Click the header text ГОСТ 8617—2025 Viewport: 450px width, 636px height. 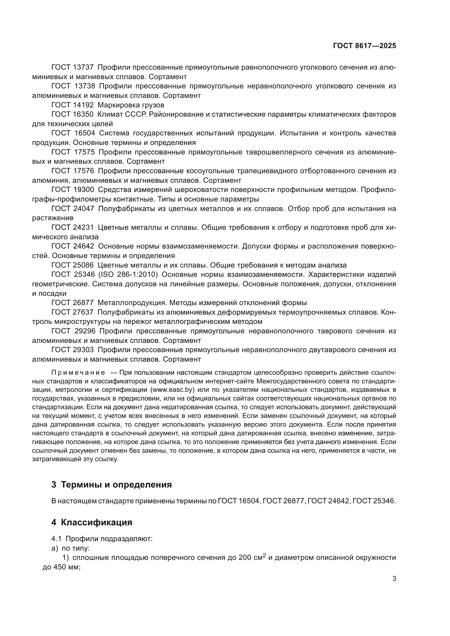364,46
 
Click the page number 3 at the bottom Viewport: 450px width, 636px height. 394,579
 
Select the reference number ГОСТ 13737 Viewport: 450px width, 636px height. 73,67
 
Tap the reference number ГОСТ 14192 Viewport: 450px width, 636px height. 73,105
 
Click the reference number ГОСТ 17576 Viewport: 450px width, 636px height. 73,171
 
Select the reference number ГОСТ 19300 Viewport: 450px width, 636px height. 73,190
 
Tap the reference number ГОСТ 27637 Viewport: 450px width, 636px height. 73,312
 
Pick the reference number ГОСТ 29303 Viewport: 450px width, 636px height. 73,350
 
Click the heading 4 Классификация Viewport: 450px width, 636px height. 92,522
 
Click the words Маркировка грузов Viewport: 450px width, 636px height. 131,105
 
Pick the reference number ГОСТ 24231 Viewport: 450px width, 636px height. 73,227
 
